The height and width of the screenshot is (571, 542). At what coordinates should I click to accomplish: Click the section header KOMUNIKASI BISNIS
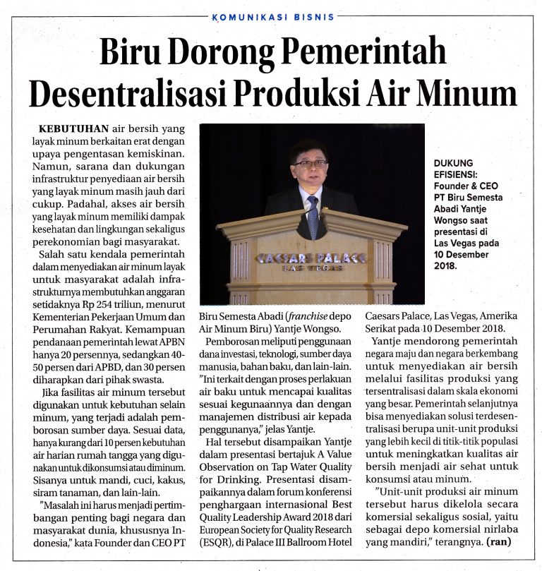(271, 18)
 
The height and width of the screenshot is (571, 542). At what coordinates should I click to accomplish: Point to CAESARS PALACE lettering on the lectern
(311, 258)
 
